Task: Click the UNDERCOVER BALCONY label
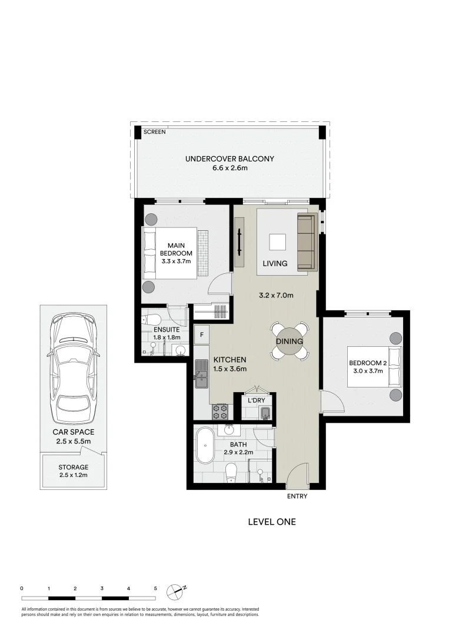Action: pyautogui.click(x=230, y=158)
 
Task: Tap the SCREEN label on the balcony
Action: pyautogui.click(x=155, y=132)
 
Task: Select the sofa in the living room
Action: pyautogui.click(x=306, y=243)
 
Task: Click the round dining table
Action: pyautogui.click(x=288, y=342)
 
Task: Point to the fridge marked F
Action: pyautogui.click(x=202, y=335)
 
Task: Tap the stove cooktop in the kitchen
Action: pyautogui.click(x=221, y=410)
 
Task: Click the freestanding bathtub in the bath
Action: pyautogui.click(x=205, y=446)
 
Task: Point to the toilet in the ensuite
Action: pyautogui.click(x=152, y=320)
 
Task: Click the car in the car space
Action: pyautogui.click(x=73, y=369)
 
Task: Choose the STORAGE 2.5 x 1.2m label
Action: pyautogui.click(x=74, y=471)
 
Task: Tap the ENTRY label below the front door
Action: pyautogui.click(x=297, y=496)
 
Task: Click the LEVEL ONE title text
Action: pyautogui.click(x=271, y=522)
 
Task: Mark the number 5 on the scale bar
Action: pyautogui.click(x=155, y=588)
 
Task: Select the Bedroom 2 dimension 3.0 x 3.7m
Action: pyautogui.click(x=366, y=371)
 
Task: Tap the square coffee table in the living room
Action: pyautogui.click(x=278, y=243)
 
